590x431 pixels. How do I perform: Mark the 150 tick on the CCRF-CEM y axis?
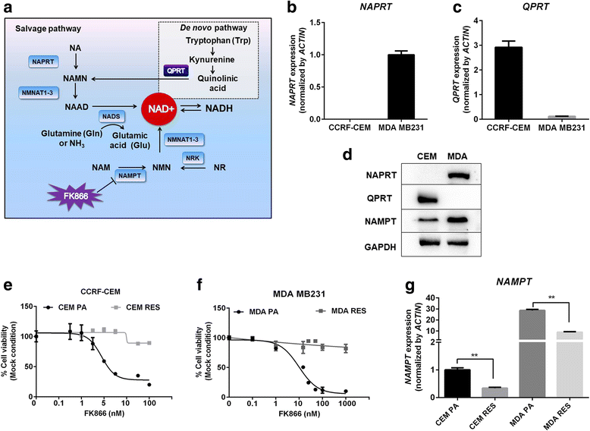pos(26,307)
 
